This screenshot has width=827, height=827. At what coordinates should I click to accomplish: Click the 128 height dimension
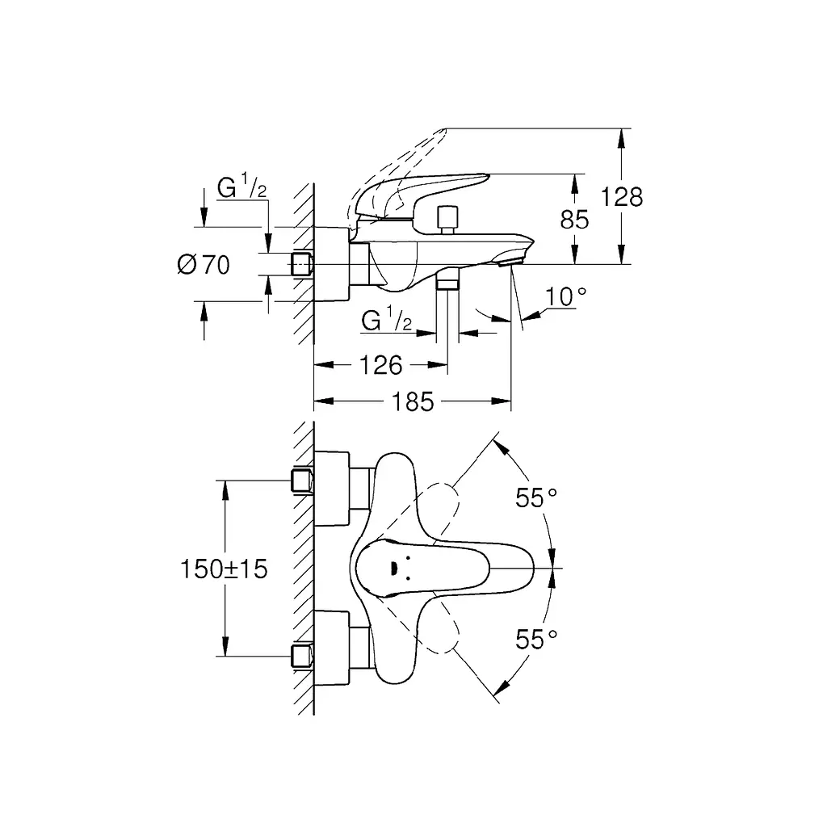(x=622, y=197)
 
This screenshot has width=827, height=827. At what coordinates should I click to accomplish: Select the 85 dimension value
(x=574, y=220)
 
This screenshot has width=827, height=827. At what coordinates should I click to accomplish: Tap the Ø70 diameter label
(x=204, y=264)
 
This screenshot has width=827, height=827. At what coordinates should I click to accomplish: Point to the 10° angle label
(x=565, y=296)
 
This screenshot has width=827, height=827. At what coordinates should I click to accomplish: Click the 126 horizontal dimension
(x=381, y=365)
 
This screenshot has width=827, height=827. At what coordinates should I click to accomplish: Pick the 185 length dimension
(x=413, y=402)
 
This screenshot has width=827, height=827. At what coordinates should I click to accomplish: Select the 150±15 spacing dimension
(x=225, y=569)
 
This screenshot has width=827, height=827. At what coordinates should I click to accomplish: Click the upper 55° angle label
(x=536, y=497)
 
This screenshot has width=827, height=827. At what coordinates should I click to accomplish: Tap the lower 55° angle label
(x=536, y=640)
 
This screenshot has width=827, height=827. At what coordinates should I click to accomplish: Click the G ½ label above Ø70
(x=242, y=187)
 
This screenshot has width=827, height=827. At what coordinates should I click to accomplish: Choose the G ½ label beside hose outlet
(x=387, y=320)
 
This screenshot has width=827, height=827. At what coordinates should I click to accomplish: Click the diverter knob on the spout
(x=447, y=220)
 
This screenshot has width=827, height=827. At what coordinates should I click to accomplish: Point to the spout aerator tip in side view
(x=510, y=260)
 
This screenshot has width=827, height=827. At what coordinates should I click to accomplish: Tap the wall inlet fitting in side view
(x=302, y=264)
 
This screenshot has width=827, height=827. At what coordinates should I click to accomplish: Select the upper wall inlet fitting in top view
(x=302, y=481)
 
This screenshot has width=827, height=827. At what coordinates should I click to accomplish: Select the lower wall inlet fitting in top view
(x=302, y=657)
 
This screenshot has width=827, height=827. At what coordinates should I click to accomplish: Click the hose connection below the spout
(x=447, y=279)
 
